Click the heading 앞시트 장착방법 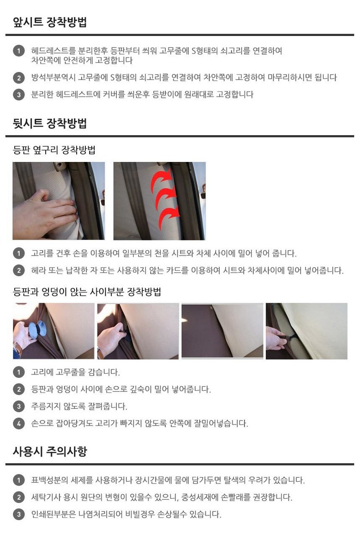coord(50,22)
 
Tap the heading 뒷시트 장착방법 coord(50,123)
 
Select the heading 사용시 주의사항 coord(50,451)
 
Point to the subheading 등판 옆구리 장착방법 coord(54,150)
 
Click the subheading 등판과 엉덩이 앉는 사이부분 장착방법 coord(87,292)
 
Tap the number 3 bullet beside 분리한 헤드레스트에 coord(19,95)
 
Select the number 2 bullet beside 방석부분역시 coord(19,78)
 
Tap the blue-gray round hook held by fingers coord(37,329)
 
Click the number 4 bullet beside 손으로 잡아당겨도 coord(19,423)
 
